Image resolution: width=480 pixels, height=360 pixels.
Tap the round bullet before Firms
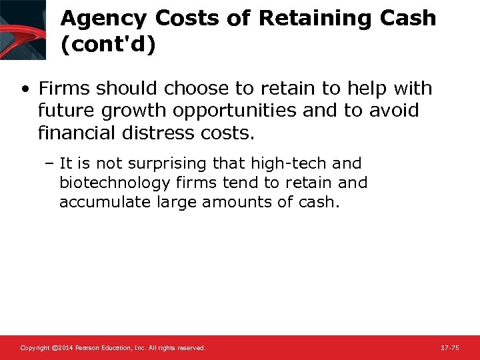click(25, 89)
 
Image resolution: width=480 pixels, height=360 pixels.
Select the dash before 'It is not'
click(51, 163)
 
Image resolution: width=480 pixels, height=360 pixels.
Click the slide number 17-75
click(449, 348)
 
